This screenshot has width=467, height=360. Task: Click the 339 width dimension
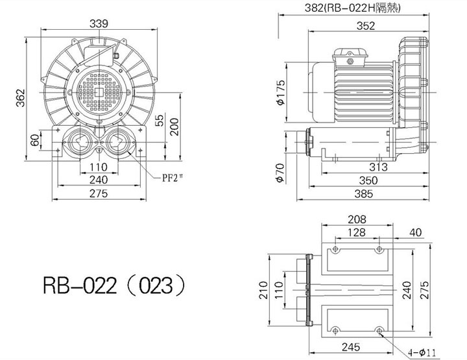99,23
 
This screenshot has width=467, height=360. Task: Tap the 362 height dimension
20,98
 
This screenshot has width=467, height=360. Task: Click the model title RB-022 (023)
114,285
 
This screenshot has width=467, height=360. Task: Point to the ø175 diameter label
281,92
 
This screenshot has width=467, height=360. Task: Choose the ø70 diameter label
280,173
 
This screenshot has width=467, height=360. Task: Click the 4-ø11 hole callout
422,353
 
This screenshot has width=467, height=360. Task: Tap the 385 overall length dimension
364,194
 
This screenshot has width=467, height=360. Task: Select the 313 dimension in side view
379,167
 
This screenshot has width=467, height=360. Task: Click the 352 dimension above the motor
366,26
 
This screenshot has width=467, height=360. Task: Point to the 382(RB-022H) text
352,8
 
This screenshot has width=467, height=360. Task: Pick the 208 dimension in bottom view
357,219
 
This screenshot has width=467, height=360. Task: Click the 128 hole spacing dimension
357,232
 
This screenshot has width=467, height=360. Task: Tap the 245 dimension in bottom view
351,347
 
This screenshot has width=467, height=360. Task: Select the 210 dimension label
263,290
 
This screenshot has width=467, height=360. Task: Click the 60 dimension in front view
35,140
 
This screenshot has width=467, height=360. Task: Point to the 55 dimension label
160,120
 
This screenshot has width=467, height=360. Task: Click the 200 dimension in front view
174,127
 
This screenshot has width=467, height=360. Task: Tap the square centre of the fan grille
99,92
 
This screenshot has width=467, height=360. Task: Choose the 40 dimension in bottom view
416,232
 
